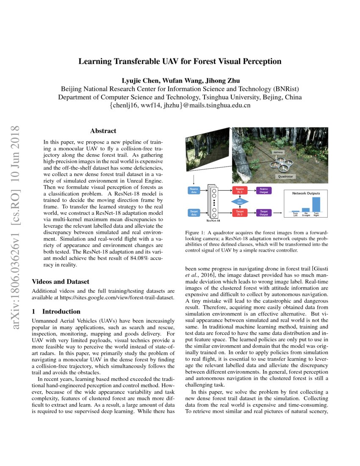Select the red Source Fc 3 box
click(x=240, y=191)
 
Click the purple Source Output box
click(x=263, y=191)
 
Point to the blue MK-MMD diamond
click(x=240, y=201)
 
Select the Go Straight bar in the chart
click(x=306, y=210)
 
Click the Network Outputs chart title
click(x=306, y=193)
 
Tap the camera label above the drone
click(x=278, y=151)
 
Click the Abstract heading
click(x=103, y=131)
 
